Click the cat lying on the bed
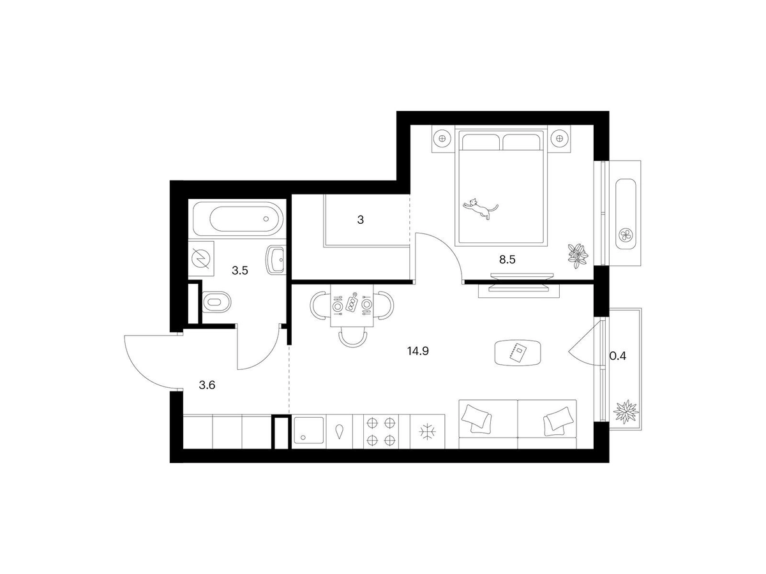coord(479,208)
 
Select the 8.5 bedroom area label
coord(507,260)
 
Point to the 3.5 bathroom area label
coord(240,270)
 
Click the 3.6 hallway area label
coord(207,385)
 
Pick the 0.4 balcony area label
coord(618,356)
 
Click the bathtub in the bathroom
coord(237,219)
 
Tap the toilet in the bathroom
coord(216,302)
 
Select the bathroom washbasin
coord(276,260)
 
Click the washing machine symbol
coord(201,258)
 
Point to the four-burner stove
coord(381,432)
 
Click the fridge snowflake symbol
coord(428,432)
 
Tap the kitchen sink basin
coord(308,430)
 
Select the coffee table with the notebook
coord(518,353)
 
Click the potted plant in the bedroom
coord(578,256)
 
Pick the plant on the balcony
coord(626,411)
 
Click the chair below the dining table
coord(353,338)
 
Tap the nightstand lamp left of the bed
coord(442,138)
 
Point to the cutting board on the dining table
coord(352,302)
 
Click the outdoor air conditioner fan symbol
coord(626,235)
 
